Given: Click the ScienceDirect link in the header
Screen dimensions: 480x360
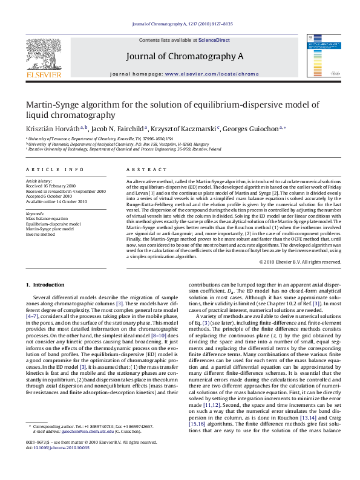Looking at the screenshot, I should (x=214, y=39).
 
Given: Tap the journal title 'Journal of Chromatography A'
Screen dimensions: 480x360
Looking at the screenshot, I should (x=185, y=56).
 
